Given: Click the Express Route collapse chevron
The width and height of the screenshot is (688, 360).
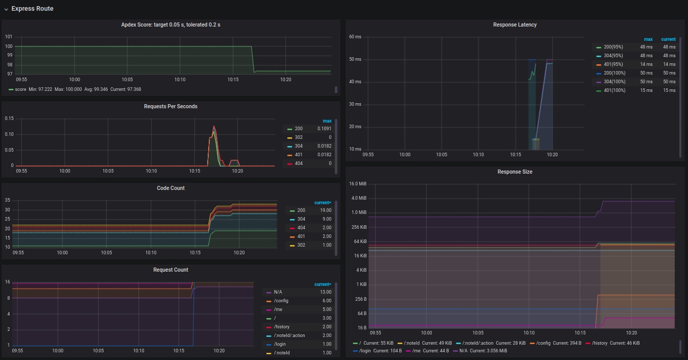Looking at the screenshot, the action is pos(6,10).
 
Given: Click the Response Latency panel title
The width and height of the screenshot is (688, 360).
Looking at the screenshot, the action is pos(515,25).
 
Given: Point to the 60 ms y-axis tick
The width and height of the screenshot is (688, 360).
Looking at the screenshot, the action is pos(355,37).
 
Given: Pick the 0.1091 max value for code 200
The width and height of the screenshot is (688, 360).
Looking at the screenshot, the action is pos(324,129).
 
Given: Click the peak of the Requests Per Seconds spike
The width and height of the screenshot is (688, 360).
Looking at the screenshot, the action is pos(214,126).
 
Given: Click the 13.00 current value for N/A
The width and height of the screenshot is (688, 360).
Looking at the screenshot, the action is pos(326,292).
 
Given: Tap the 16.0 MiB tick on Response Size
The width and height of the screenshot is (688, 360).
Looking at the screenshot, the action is pos(358,184).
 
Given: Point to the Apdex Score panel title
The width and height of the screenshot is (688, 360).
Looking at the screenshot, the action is pos(170,25).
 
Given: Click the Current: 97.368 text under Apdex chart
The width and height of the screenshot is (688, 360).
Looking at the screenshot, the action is pos(126,89).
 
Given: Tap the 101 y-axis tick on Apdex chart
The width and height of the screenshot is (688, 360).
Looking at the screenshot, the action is pos(9,37).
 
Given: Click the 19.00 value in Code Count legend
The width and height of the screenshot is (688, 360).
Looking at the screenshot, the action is pos(326,210).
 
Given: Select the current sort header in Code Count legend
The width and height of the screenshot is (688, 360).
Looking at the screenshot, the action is pos(323,203).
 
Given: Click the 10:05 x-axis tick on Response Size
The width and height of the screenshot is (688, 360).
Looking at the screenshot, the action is pos(478,332).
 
